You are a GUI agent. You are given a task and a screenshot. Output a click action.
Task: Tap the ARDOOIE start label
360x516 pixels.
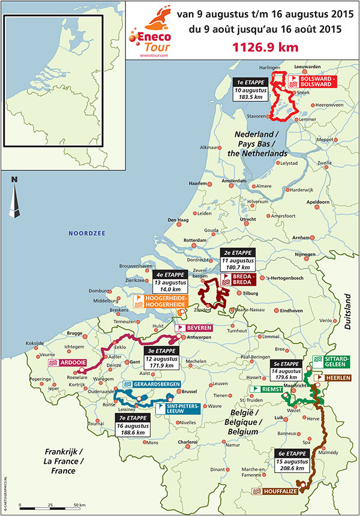(x=68, y=363)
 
